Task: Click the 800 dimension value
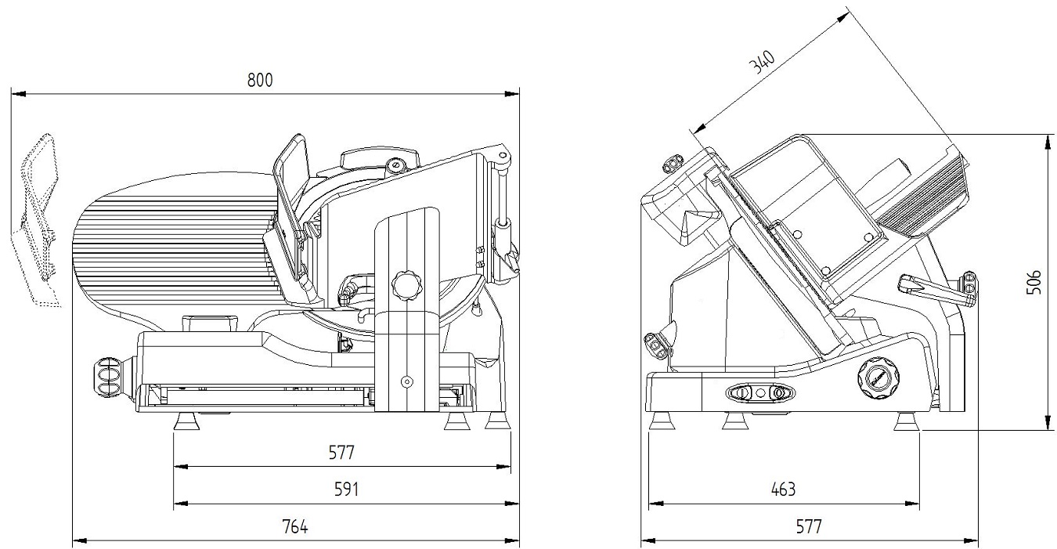click(261, 80)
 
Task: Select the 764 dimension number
click(295, 526)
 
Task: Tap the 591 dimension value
click(346, 489)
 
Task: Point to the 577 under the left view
click(342, 453)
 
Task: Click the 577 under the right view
click(809, 526)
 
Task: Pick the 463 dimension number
click(782, 489)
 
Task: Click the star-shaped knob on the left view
click(407, 284)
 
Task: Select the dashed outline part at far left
click(38, 219)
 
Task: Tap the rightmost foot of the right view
click(907, 423)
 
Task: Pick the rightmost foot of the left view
click(496, 422)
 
